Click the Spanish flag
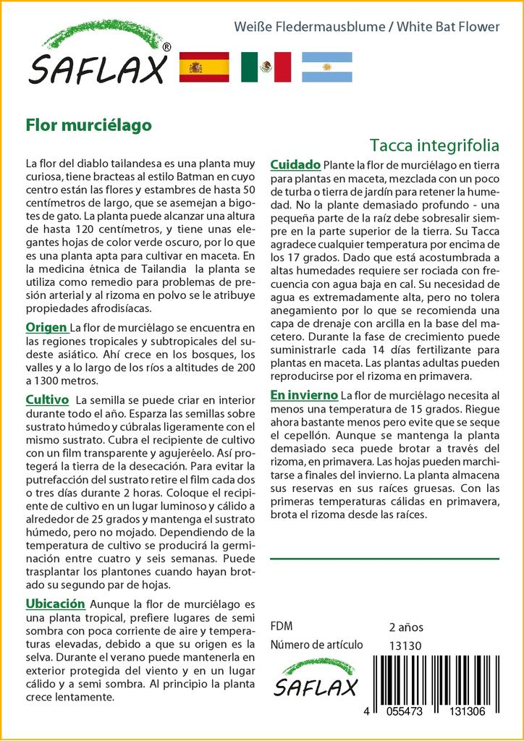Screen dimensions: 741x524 point(203,67)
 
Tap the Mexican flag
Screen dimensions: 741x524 point(266,67)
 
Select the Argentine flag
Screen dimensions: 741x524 point(326,67)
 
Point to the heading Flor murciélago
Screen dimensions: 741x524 point(88,124)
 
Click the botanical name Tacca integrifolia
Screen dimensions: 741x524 point(434,145)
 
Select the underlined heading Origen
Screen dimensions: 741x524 point(48,327)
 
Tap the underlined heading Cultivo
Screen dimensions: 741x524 point(47,399)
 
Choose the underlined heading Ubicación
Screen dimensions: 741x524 point(56,604)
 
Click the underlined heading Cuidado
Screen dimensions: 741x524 point(295,165)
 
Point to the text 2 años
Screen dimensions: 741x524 point(406,627)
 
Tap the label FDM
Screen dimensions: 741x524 point(282,627)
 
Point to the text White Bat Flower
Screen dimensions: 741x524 point(453,27)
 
